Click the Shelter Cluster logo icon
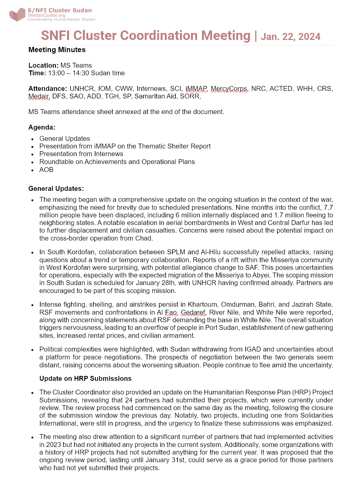(x=17, y=14)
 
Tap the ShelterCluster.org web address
(x=46, y=15)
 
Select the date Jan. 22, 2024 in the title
(x=290, y=37)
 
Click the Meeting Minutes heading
(x=57, y=50)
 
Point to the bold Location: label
(x=43, y=66)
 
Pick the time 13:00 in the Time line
(x=56, y=73)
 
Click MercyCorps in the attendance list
(x=229, y=89)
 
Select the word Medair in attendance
(x=38, y=96)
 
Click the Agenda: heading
(x=42, y=127)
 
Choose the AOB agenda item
(x=46, y=170)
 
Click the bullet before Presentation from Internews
(x=33, y=154)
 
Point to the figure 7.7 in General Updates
(x=328, y=208)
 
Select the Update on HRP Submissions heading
(x=85, y=379)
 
